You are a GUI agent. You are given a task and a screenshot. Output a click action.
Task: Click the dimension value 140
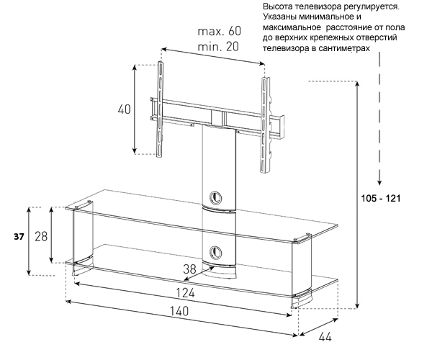coord(180,312)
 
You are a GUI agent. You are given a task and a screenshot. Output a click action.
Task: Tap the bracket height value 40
coord(125,109)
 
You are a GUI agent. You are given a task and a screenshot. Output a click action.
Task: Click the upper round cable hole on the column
coord(216,197)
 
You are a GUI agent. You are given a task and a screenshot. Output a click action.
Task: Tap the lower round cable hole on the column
coord(216,253)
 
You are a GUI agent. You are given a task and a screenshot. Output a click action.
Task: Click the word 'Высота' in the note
coord(283,6)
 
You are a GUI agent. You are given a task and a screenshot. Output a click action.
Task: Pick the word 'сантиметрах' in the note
coord(343,48)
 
